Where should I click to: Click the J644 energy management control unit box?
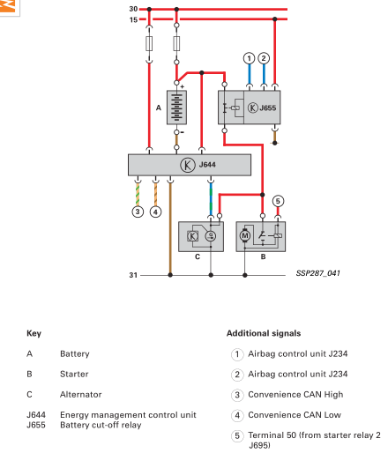pyautogui.click(x=190, y=165)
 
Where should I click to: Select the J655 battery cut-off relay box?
pyautogui.click(x=250, y=108)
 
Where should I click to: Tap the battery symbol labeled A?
pyautogui.click(x=176, y=108)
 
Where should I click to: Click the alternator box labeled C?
pyautogui.click(x=201, y=236)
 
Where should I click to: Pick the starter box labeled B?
pyautogui.click(x=261, y=236)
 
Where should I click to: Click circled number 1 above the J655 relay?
pyautogui.click(x=250, y=58)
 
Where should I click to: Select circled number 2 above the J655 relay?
pyautogui.click(x=264, y=58)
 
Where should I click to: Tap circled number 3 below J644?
pyautogui.click(x=138, y=212)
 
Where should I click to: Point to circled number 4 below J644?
pyautogui.click(x=155, y=212)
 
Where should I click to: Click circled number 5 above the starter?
pyautogui.click(x=278, y=201)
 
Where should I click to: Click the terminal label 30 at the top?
pyautogui.click(x=133, y=9)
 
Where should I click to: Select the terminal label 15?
pyautogui.click(x=133, y=19)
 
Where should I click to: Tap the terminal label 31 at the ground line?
pyautogui.click(x=133, y=275)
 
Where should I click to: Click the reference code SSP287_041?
pyautogui.click(x=318, y=273)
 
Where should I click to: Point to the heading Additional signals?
pyautogui.click(x=264, y=333)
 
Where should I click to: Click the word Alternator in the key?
pyautogui.click(x=81, y=394)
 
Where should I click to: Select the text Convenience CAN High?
pyautogui.click(x=295, y=395)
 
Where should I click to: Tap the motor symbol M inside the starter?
pyautogui.click(x=245, y=235)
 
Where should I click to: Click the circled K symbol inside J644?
pyautogui.click(x=187, y=165)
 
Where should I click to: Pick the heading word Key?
pyautogui.click(x=34, y=333)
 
